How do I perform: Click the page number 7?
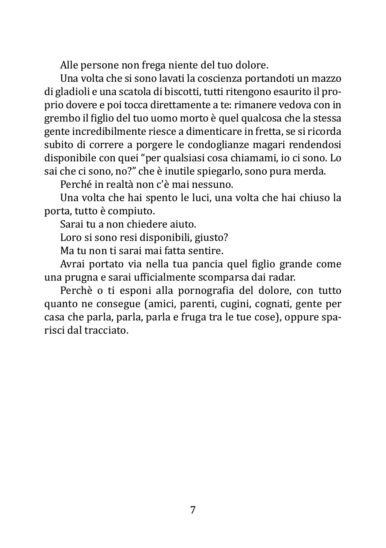tap(193, 510)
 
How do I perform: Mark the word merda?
tap(310, 172)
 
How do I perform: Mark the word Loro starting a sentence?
tap(70, 237)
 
